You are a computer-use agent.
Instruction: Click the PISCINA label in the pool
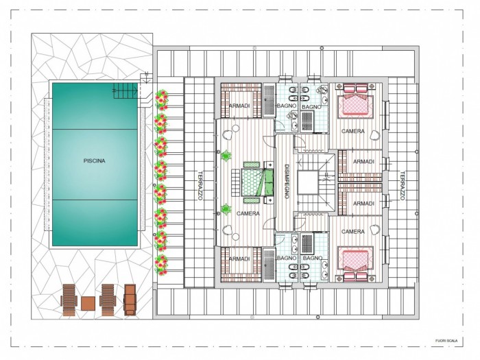[x=95, y=160]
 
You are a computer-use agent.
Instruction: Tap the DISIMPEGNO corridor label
[x=287, y=181]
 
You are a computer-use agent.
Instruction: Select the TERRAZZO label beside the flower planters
[x=200, y=186]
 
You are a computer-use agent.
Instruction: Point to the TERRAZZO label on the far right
[x=403, y=186]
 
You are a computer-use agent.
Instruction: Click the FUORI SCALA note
[x=446, y=341]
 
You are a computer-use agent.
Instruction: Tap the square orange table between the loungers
[x=88, y=303]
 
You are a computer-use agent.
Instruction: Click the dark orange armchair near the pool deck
[x=130, y=300]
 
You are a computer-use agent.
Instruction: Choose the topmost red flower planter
[x=161, y=99]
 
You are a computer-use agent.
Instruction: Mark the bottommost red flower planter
[x=161, y=265]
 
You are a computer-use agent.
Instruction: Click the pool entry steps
[x=125, y=91]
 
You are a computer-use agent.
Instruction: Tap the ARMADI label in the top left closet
[x=239, y=106]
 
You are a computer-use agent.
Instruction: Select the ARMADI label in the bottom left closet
[x=239, y=259]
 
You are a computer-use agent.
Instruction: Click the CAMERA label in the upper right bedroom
[x=353, y=131]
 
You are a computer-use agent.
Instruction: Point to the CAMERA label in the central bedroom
[x=248, y=213]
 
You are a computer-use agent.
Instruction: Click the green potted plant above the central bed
[x=226, y=156]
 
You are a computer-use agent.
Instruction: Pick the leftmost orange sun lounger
[x=69, y=300]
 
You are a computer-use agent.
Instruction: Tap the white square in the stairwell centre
[x=308, y=182]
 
